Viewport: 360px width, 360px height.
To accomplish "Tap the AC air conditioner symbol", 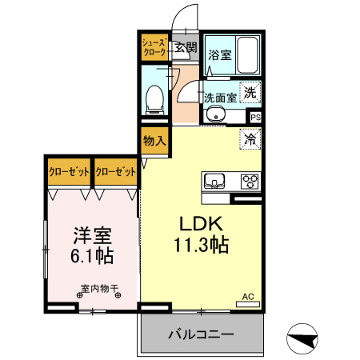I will [x=248, y=297].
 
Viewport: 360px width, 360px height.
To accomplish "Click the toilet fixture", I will [x=156, y=98].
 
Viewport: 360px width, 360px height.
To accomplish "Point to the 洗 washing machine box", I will [x=250, y=93].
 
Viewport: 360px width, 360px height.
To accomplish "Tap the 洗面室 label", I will [x=219, y=98].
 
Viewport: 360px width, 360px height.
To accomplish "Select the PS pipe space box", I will [x=255, y=118].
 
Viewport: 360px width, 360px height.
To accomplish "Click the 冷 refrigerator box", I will [x=250, y=138].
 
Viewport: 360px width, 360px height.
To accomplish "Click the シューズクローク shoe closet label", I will [x=154, y=46].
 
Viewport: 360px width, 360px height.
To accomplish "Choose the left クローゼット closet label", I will [x=67, y=171].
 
